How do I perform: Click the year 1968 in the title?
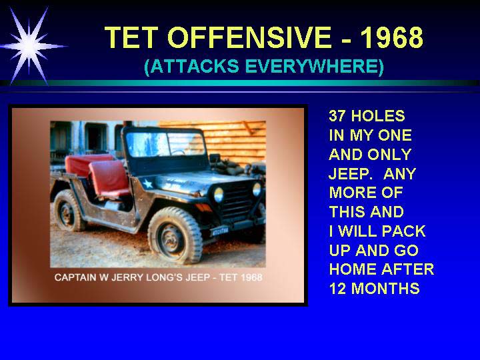[392, 37]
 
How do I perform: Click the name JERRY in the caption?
[127, 277]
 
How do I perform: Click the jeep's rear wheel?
[68, 211]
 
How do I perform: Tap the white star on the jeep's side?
[148, 184]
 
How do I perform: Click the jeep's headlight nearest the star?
[219, 195]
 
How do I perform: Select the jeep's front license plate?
[220, 231]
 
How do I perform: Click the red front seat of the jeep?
[109, 179]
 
